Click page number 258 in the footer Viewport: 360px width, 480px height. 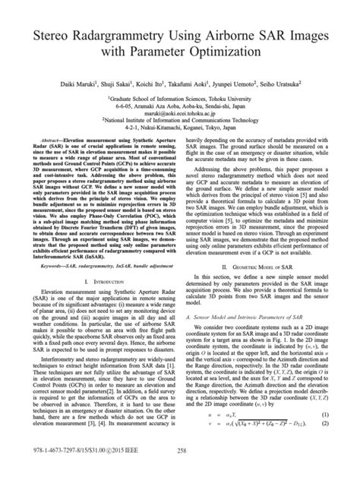[x=180, y=470]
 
